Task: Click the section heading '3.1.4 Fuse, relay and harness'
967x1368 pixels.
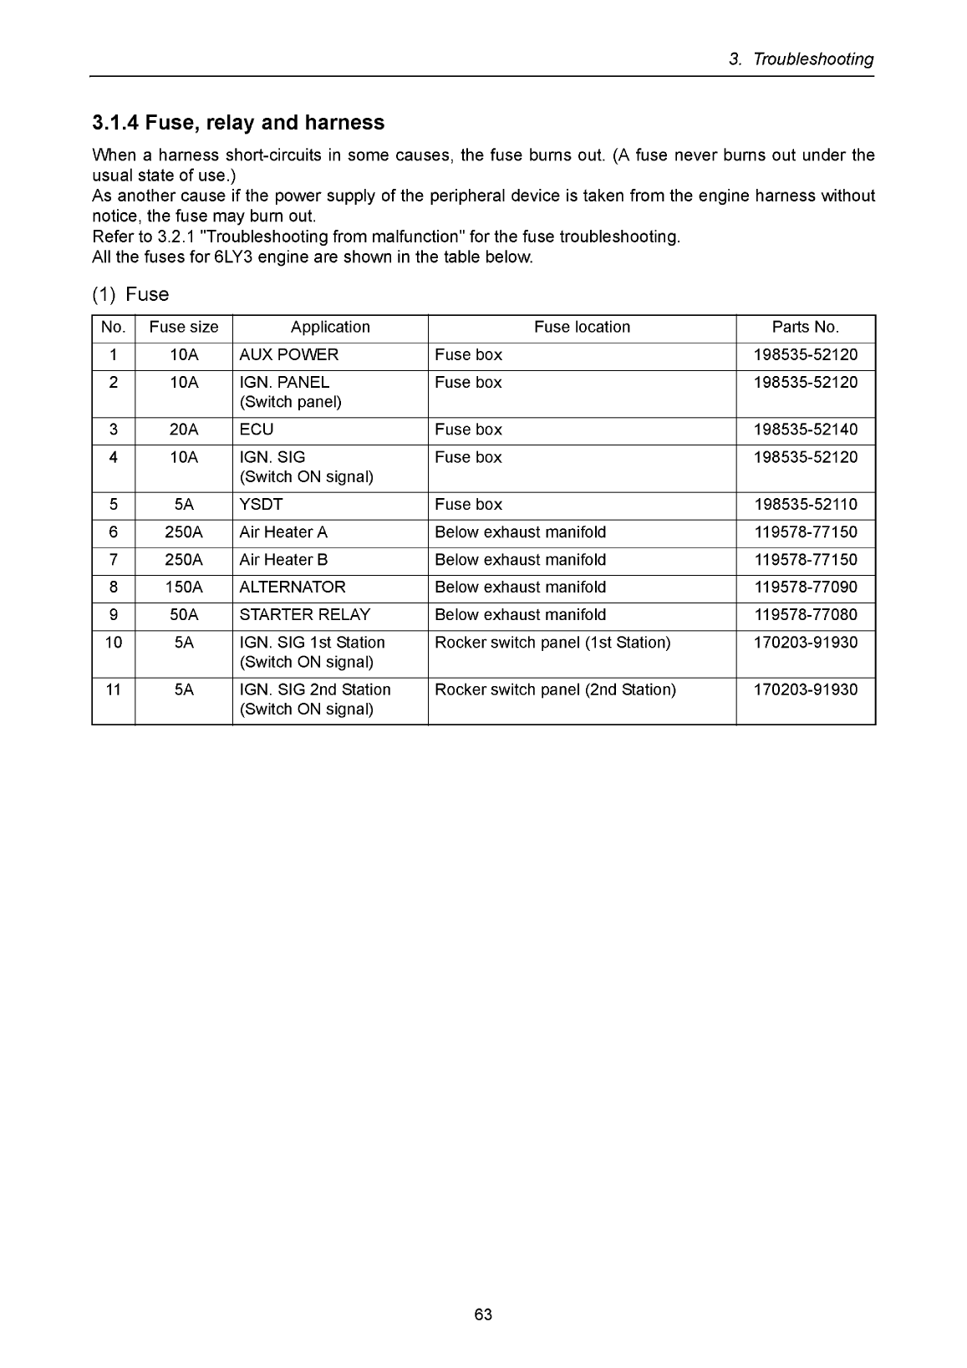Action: (238, 123)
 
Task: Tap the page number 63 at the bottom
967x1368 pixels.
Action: (483, 1315)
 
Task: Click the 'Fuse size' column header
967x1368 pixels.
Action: (184, 328)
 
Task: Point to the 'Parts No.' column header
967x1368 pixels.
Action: (805, 328)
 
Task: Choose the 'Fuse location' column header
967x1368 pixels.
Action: (582, 328)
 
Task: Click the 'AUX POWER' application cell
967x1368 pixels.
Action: (289, 355)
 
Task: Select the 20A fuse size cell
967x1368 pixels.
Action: (184, 430)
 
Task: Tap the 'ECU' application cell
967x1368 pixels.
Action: (257, 430)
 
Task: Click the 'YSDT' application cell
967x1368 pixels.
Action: (262, 505)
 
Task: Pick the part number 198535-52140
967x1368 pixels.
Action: (805, 430)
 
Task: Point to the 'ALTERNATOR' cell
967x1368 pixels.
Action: (293, 587)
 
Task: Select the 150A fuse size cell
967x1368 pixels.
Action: (184, 587)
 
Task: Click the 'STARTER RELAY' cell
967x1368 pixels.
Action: (305, 615)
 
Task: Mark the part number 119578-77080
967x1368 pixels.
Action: (805, 615)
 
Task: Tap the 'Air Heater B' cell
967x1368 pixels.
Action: (283, 560)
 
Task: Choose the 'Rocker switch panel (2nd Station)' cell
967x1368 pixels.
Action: (555, 690)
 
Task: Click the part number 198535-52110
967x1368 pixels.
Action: (805, 505)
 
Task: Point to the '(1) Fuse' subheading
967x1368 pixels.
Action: (130, 294)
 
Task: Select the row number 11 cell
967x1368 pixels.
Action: (114, 690)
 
